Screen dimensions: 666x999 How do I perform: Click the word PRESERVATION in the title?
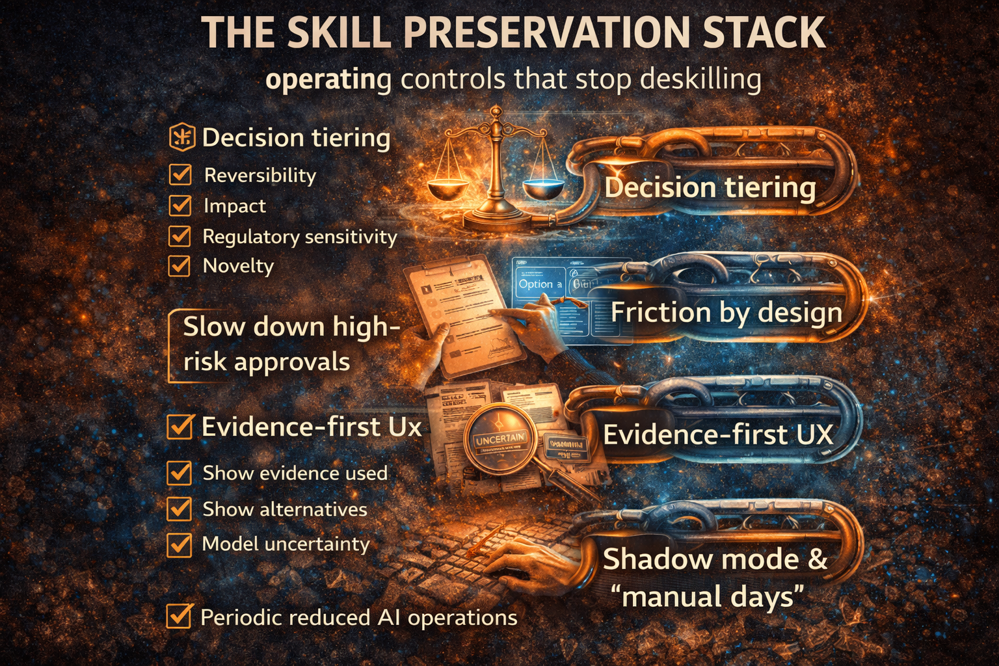546,33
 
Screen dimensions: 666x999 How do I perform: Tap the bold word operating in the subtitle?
328,80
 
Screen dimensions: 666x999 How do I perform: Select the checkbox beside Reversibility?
180,174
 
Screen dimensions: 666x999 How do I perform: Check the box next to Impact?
180,205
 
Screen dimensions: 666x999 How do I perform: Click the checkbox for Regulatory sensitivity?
180,235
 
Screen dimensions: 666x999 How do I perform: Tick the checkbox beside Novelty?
180,265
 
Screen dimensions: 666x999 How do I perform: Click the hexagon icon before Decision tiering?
181,138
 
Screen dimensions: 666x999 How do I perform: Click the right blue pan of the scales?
542,188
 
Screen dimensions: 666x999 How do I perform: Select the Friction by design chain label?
726,312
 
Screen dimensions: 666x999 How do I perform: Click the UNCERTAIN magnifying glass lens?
499,440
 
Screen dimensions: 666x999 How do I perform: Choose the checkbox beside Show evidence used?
180,473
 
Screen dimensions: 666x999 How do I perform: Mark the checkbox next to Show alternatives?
180,509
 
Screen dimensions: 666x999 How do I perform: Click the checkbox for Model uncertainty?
180,544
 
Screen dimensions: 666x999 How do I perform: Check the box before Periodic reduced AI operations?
179,617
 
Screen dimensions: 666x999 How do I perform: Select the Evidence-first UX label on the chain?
718,434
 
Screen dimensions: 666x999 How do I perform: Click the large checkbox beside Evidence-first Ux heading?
180,427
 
